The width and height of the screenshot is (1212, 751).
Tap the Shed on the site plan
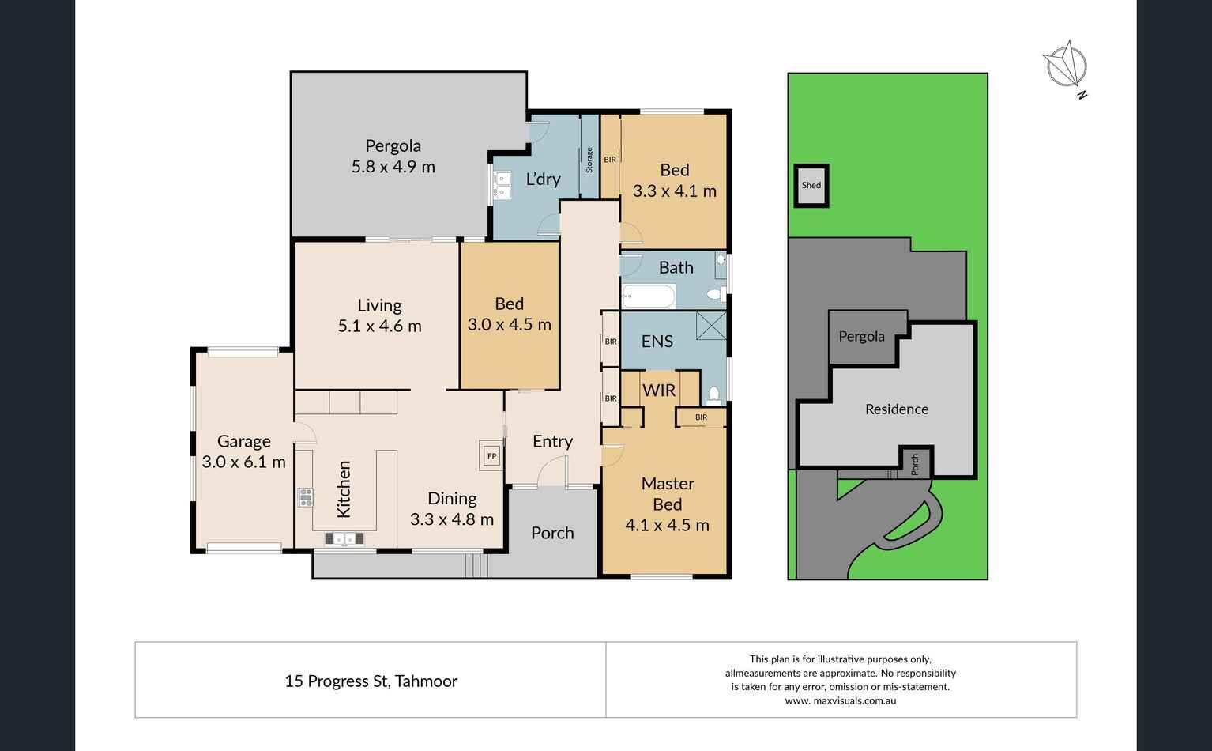coord(811,185)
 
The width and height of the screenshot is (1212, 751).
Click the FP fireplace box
coord(491,455)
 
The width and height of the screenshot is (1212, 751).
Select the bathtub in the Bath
coord(649,296)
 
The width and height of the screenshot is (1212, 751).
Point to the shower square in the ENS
coord(711,326)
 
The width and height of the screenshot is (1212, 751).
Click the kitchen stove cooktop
coord(305,497)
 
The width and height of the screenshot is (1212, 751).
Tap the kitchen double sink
coord(344,539)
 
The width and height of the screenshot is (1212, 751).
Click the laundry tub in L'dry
coord(502,185)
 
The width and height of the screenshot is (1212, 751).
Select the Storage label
coord(589,160)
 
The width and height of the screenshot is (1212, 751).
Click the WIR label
coord(659,391)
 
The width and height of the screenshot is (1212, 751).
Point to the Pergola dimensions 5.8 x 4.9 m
coord(393,167)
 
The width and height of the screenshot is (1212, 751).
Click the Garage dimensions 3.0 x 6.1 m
coord(244,462)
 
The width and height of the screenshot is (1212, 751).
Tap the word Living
coord(379,305)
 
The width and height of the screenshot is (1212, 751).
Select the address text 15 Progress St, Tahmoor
coord(371,681)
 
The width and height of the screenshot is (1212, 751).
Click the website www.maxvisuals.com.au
coord(841,700)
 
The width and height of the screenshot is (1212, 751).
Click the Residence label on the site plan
coord(897,409)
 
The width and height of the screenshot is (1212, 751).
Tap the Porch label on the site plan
coord(915,465)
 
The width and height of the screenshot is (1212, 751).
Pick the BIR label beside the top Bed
coord(610,160)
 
